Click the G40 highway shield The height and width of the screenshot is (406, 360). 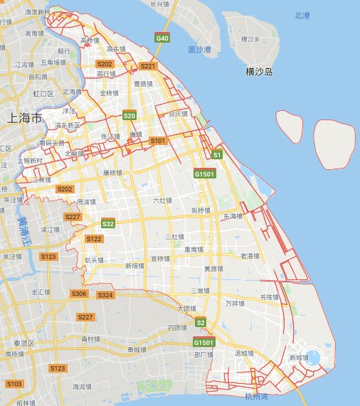[x=163, y=37]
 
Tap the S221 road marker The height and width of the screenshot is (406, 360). [x=148, y=66]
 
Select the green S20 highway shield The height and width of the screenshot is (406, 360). [x=129, y=114]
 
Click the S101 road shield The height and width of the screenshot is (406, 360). [x=157, y=141]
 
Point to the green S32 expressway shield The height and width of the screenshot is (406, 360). [x=108, y=223]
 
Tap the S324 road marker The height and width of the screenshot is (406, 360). [x=105, y=294]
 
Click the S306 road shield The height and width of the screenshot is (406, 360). [x=79, y=294]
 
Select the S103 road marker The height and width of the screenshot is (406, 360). [x=14, y=384]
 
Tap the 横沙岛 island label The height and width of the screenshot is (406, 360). [x=260, y=72]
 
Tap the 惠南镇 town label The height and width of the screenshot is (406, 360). [x=195, y=250]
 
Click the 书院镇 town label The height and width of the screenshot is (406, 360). [x=268, y=297]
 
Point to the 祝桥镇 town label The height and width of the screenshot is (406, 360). [x=201, y=210]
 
